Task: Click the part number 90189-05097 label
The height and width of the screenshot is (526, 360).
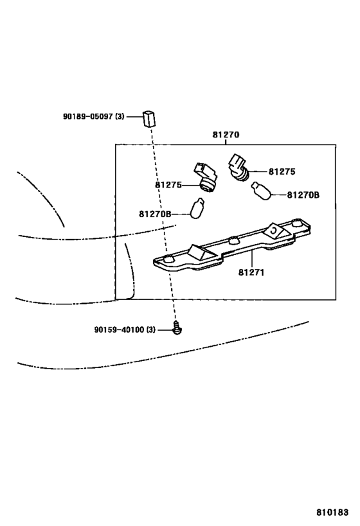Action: pyautogui.click(x=94, y=117)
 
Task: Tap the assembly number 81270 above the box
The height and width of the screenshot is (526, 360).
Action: pyautogui.click(x=226, y=135)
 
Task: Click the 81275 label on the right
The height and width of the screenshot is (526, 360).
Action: pyautogui.click(x=282, y=171)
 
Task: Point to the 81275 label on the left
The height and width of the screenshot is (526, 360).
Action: pyautogui.click(x=168, y=185)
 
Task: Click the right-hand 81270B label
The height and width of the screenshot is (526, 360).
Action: pyautogui.click(x=303, y=195)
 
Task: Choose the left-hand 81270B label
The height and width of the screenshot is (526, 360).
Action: pyautogui.click(x=155, y=214)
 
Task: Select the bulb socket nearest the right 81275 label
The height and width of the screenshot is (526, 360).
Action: pyautogui.click(x=238, y=167)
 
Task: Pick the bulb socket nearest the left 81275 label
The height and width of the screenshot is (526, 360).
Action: pyautogui.click(x=206, y=177)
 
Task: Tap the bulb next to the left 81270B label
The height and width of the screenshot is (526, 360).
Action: pyautogui.click(x=197, y=208)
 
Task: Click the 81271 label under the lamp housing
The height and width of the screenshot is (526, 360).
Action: pyautogui.click(x=251, y=272)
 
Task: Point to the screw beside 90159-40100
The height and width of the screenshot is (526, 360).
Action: pyautogui.click(x=177, y=328)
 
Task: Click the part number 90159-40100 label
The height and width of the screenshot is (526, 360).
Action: pyautogui.click(x=125, y=329)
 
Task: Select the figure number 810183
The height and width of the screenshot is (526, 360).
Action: pyautogui.click(x=332, y=512)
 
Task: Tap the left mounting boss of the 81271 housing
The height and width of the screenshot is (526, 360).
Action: pyautogui.click(x=169, y=258)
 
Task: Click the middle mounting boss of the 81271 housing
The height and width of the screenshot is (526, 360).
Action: pyautogui.click(x=233, y=240)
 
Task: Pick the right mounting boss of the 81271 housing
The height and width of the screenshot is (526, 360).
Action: pyautogui.click(x=296, y=222)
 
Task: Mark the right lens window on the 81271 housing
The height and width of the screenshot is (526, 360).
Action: pyautogui.click(x=274, y=230)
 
